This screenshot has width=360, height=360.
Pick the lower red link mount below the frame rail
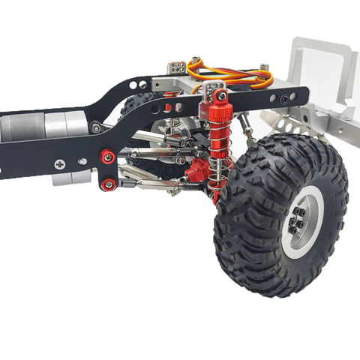click(x=109, y=183)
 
